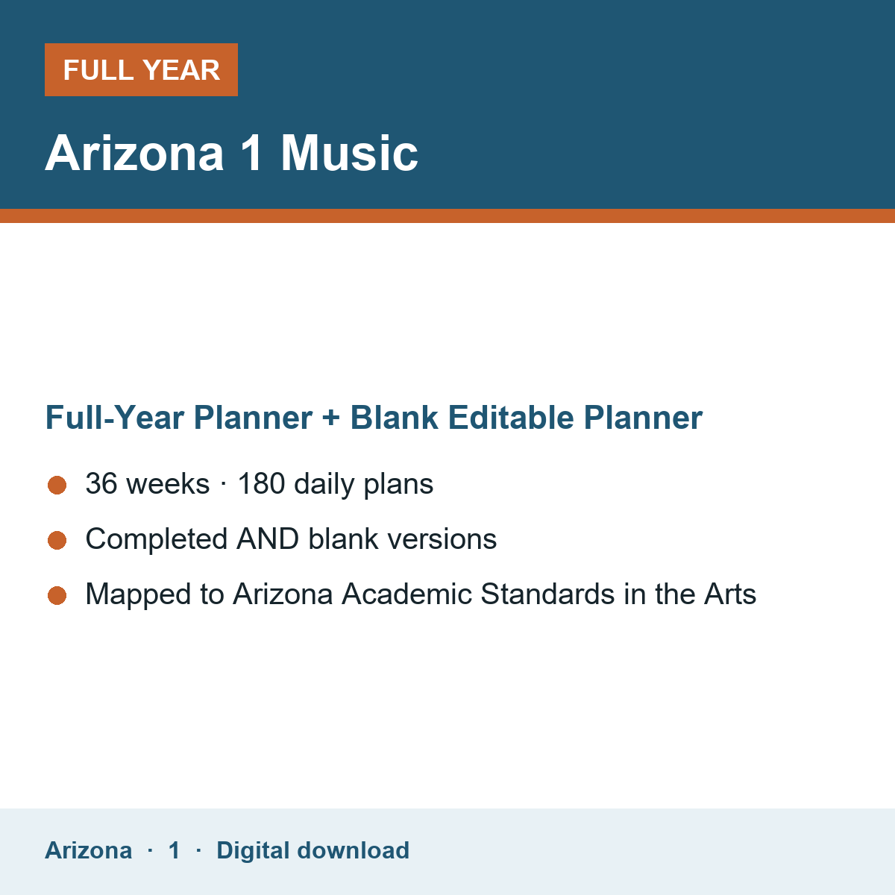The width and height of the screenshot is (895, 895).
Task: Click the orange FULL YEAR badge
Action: click(141, 69)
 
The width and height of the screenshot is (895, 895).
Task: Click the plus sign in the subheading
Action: click(330, 418)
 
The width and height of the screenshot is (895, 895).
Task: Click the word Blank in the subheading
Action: click(394, 417)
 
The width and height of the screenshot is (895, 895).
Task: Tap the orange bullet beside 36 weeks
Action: click(57, 486)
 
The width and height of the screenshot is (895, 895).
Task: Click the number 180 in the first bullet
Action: click(262, 483)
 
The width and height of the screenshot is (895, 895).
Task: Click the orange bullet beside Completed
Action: click(57, 540)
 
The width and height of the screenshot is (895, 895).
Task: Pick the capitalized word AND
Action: click(268, 538)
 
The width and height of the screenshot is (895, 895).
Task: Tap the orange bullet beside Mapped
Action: click(57, 595)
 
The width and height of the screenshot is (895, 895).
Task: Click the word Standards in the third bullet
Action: click(547, 594)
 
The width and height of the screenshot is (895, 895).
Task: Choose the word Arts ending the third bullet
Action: click(730, 594)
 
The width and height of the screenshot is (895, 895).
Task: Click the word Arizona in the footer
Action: click(88, 850)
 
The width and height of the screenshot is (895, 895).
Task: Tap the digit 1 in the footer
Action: click(175, 850)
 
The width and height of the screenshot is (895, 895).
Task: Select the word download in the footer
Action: click(353, 850)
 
